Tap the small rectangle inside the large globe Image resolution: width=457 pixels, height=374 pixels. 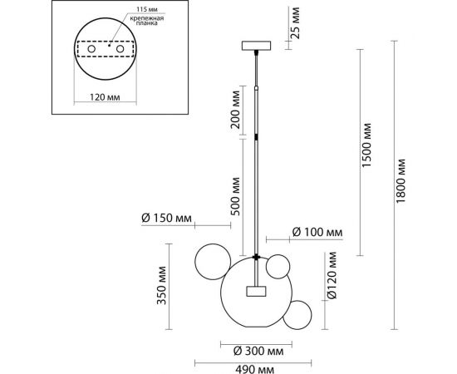tap(255, 291)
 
